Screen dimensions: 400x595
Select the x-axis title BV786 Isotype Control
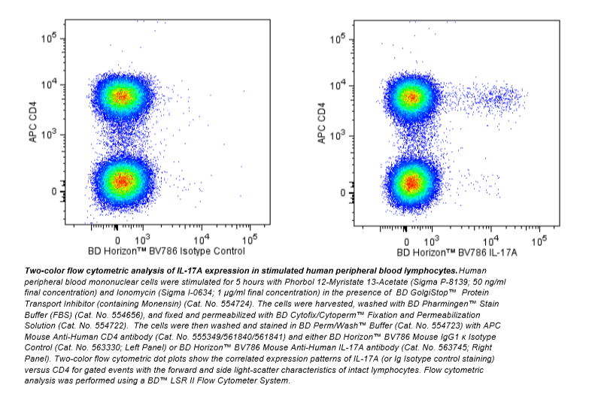166,251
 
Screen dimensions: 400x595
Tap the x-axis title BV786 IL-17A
452,251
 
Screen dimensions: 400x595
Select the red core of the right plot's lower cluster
410,182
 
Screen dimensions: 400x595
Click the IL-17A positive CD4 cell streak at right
496,96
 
